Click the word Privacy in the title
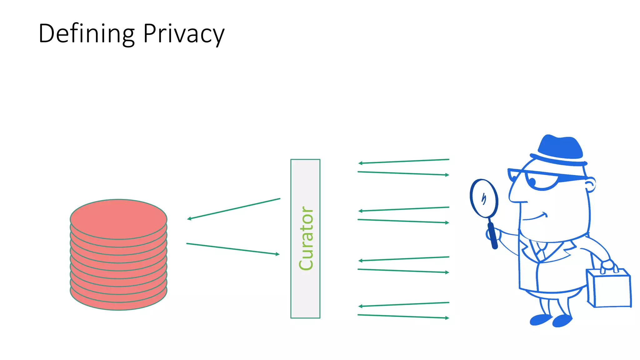pyautogui.click(x=184, y=34)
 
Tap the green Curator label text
pyautogui.click(x=306, y=238)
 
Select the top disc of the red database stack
pyautogui.click(x=118, y=219)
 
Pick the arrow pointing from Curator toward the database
pyautogui.click(x=233, y=209)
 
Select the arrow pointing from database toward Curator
pyautogui.click(x=233, y=249)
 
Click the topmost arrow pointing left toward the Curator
pyautogui.click(x=403, y=161)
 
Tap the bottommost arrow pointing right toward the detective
pyautogui.click(x=403, y=316)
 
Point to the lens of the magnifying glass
pyautogui.click(x=484, y=198)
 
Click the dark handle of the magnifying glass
pyautogui.click(x=492, y=236)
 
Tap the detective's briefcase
pyautogui.click(x=609, y=289)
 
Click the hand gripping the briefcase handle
pyautogui.click(x=608, y=266)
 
